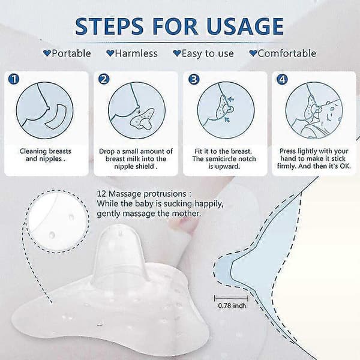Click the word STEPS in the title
(x=109, y=26)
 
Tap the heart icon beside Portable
(x=47, y=53)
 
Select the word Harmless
(x=136, y=53)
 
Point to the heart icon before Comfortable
(x=253, y=53)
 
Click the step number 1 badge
(x=14, y=79)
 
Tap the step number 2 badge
(x=104, y=79)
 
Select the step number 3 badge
(x=194, y=79)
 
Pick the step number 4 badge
(x=282, y=79)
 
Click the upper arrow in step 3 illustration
(x=231, y=99)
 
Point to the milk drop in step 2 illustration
(x=139, y=112)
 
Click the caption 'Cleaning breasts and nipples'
(x=46, y=155)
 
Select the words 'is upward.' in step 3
(x=224, y=166)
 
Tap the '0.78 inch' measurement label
(x=232, y=306)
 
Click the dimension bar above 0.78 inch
(x=231, y=298)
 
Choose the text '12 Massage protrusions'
(x=142, y=194)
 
